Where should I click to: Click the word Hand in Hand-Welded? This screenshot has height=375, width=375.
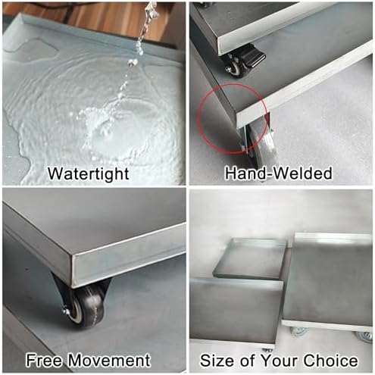coord(243,173)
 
